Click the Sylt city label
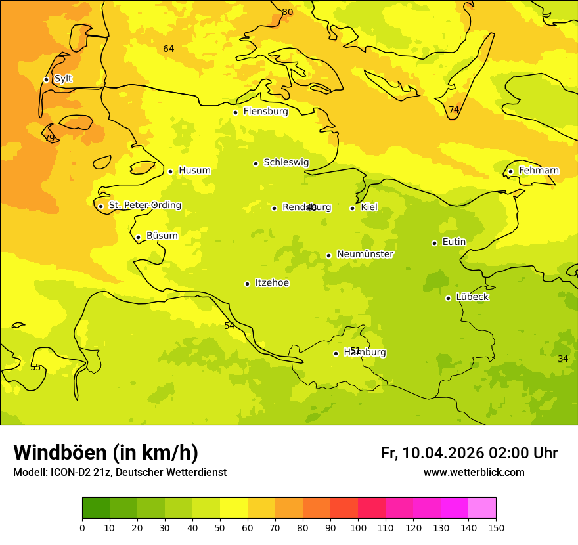(63, 79)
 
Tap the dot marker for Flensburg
(235, 112)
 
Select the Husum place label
(194, 171)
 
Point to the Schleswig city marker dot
(256, 163)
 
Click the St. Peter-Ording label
(144, 206)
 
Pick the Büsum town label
(162, 236)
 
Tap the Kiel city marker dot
(352, 208)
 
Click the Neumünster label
(365, 254)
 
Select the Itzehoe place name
(272, 283)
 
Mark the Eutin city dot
(434, 243)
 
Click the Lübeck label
(472, 297)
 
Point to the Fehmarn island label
(539, 171)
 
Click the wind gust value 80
(288, 12)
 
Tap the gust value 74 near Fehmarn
(454, 110)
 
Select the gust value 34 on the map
(563, 359)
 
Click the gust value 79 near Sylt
(49, 138)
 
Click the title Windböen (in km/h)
(106, 452)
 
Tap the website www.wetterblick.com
(474, 473)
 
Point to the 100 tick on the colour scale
(358, 527)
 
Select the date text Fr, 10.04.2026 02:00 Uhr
(469, 453)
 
